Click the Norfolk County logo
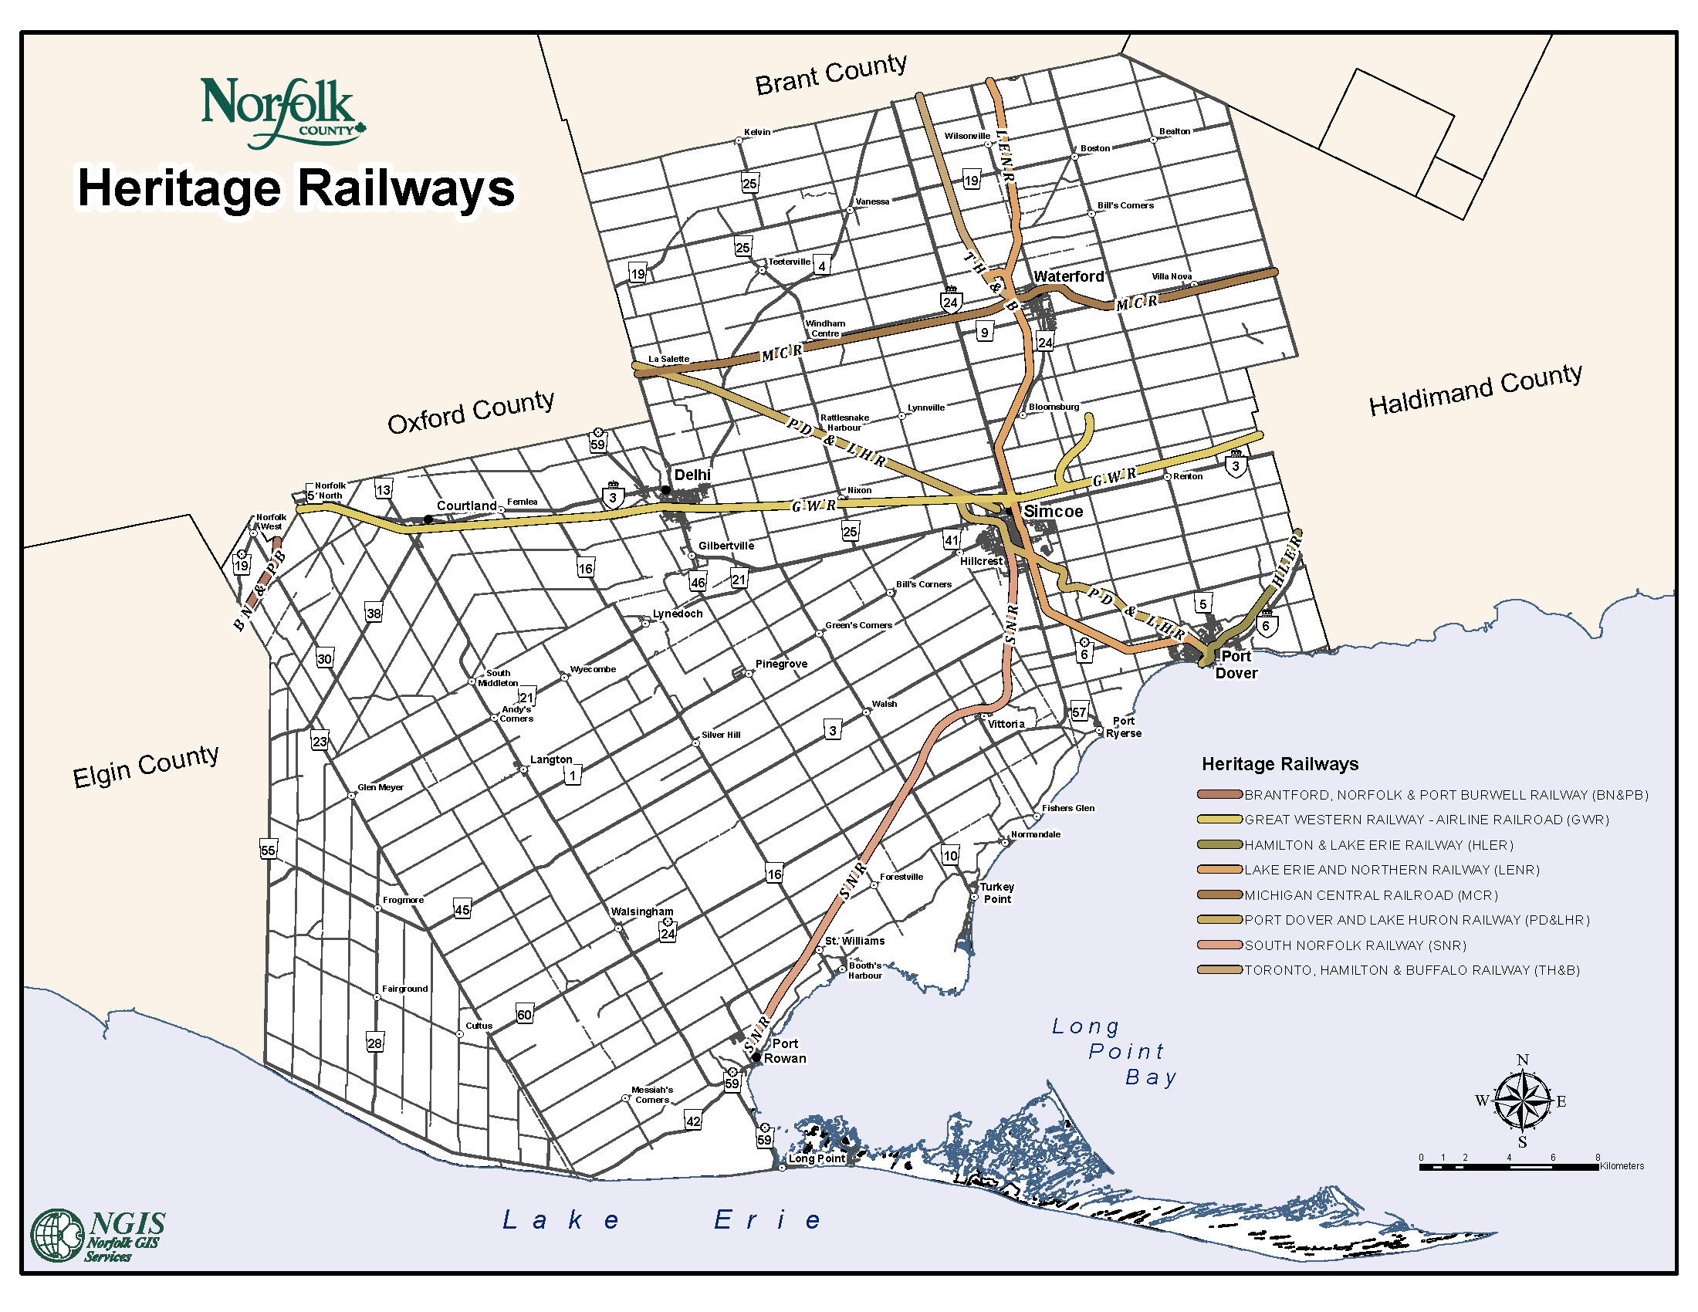pos(282,111)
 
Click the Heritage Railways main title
pos(296,189)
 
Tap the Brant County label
pos(830,74)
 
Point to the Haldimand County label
pos(1475,391)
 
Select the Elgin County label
pos(145,766)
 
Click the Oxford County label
pos(470,411)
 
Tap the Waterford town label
pos(1067,277)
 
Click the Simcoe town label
pos(1053,512)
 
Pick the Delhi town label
pos(692,475)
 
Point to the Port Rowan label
pos(784,1051)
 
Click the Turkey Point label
pos(996,893)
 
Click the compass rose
pos(1521,1101)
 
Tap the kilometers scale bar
pos(1508,1167)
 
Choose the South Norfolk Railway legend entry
pos(1355,945)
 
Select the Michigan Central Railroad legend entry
pos(1370,895)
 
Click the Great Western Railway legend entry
pos(1426,819)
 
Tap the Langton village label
pos(550,759)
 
